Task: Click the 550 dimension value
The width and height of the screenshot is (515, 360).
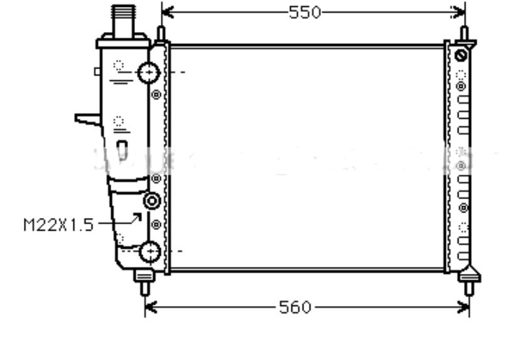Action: tap(305, 12)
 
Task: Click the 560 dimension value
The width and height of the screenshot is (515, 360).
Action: tap(295, 307)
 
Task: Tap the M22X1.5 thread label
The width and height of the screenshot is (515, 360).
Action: tap(58, 224)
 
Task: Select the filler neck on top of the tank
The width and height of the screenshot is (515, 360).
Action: tap(124, 21)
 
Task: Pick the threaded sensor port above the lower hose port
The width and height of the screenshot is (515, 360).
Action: tap(152, 202)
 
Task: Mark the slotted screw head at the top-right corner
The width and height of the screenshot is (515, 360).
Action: tap(462, 55)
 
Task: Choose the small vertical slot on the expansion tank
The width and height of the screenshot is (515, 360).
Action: tap(123, 149)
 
